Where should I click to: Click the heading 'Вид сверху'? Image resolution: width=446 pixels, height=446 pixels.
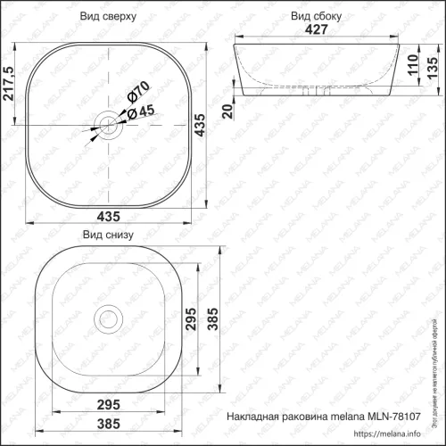pyautogui.click(x=109, y=16)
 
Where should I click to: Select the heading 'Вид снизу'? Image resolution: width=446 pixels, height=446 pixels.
pyautogui.click(x=108, y=235)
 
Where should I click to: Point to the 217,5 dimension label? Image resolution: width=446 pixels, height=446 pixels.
pyautogui.click(x=10, y=85)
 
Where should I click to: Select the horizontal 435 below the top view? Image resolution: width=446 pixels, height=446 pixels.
pyautogui.click(x=109, y=219)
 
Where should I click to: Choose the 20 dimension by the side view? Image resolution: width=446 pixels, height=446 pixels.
pyautogui.click(x=227, y=110)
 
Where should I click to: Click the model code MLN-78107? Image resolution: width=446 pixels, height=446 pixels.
pyautogui.click(x=399, y=418)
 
